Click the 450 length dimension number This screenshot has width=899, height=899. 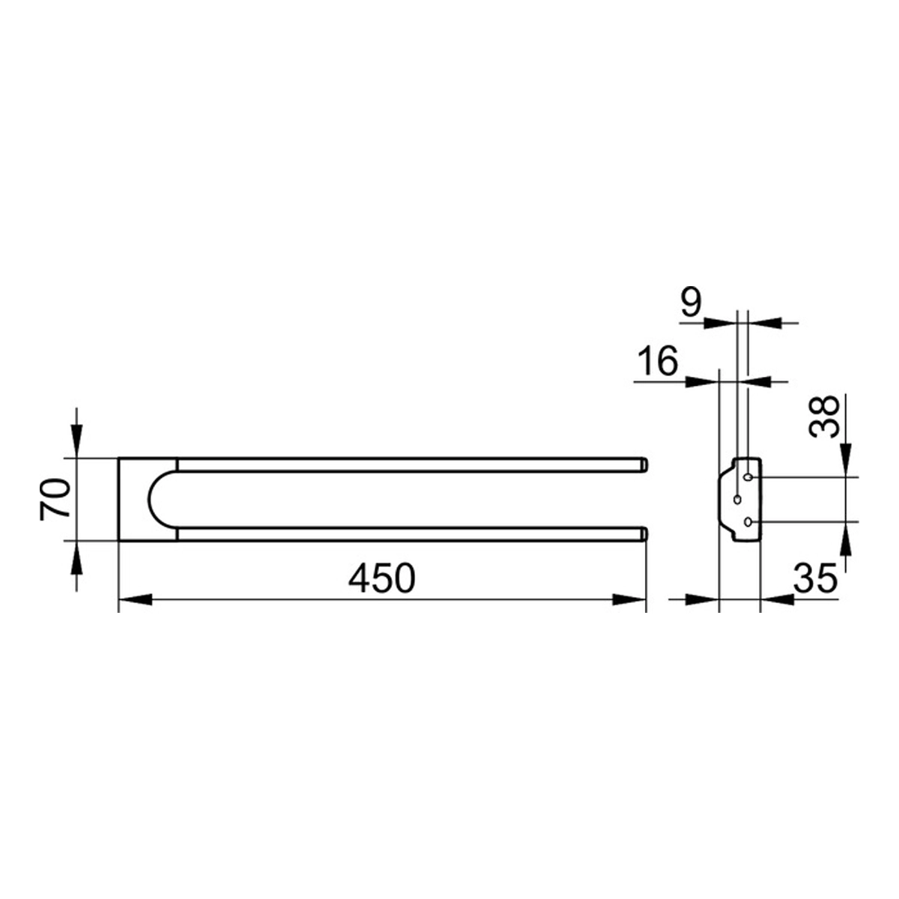point(381,578)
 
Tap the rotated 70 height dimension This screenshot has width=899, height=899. point(55,499)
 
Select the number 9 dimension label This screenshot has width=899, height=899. point(691,303)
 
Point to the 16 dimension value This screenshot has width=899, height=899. point(657,360)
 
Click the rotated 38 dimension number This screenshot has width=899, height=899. point(824,416)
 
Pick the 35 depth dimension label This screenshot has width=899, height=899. point(816,578)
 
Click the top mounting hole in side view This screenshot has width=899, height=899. point(748,477)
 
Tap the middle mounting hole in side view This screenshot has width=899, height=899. point(737,500)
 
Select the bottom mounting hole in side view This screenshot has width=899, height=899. point(748,522)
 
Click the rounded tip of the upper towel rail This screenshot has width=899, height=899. point(644,465)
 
